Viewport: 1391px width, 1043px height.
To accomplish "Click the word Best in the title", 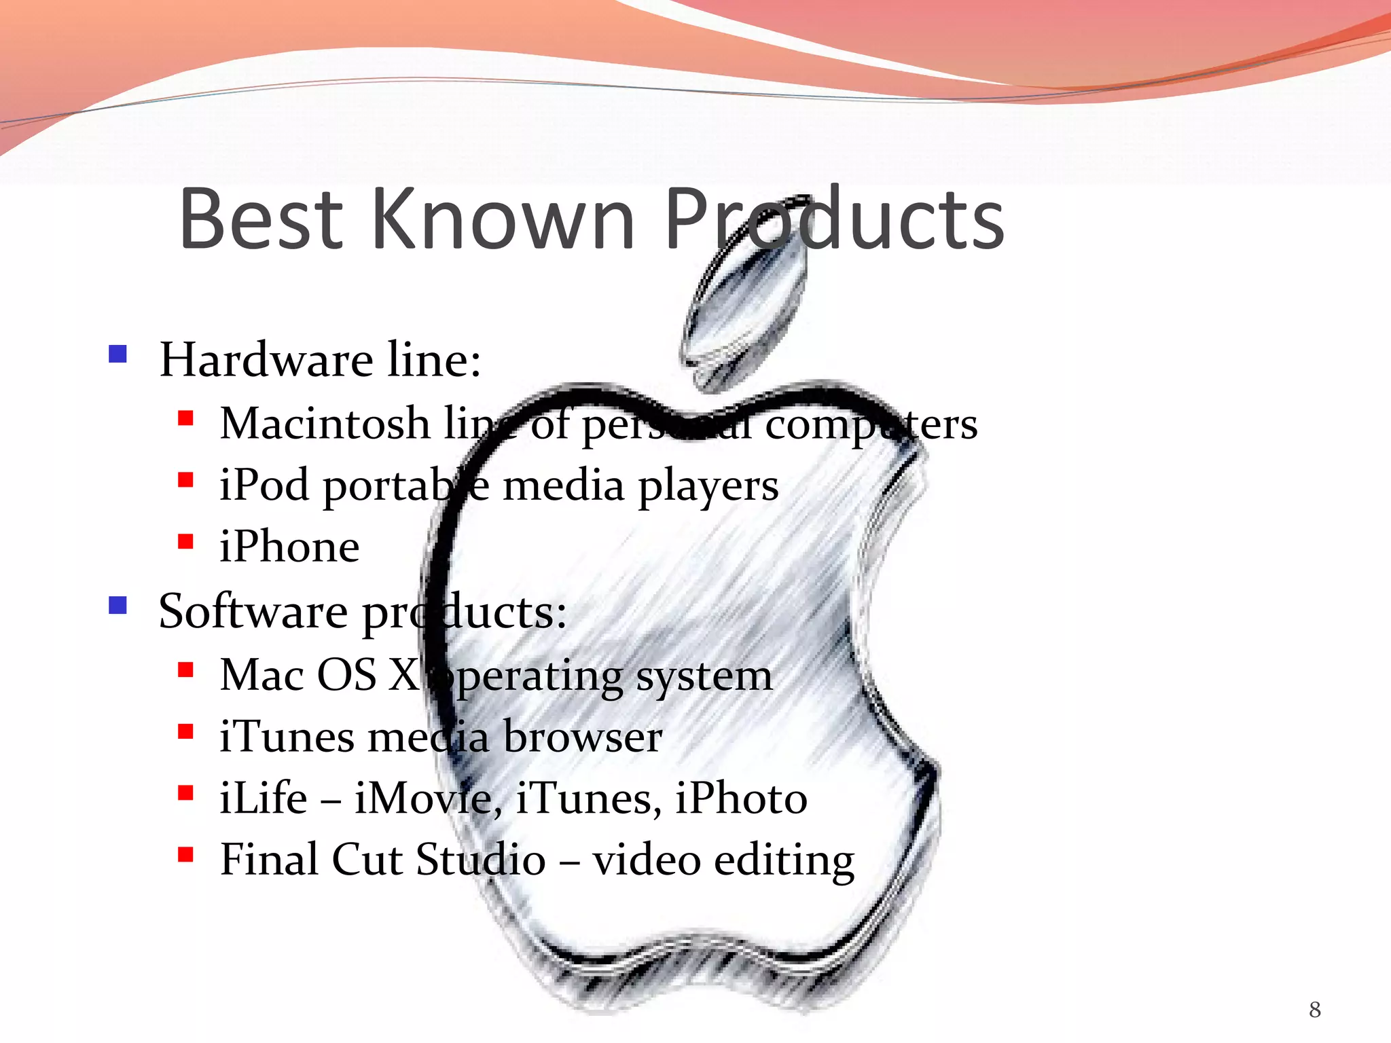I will click(x=261, y=219).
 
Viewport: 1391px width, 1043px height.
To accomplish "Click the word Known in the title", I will click(x=503, y=219).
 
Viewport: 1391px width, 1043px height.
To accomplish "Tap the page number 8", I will click(x=1315, y=1010).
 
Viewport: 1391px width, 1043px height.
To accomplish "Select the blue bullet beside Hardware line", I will click(x=118, y=354).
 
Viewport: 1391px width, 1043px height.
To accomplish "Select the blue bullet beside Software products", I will click(x=118, y=604).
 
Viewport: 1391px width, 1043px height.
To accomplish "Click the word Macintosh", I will click(x=325, y=424).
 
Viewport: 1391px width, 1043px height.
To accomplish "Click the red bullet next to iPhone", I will click(x=185, y=541).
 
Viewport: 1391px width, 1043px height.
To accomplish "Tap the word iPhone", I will click(x=289, y=547).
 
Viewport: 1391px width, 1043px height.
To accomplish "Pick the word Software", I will click(x=253, y=611).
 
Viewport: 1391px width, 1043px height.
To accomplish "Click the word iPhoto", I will click(x=741, y=798).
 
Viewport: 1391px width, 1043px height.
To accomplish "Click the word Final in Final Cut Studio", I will click(x=269, y=860).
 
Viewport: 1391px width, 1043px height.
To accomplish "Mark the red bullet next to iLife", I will click(x=185, y=792).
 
